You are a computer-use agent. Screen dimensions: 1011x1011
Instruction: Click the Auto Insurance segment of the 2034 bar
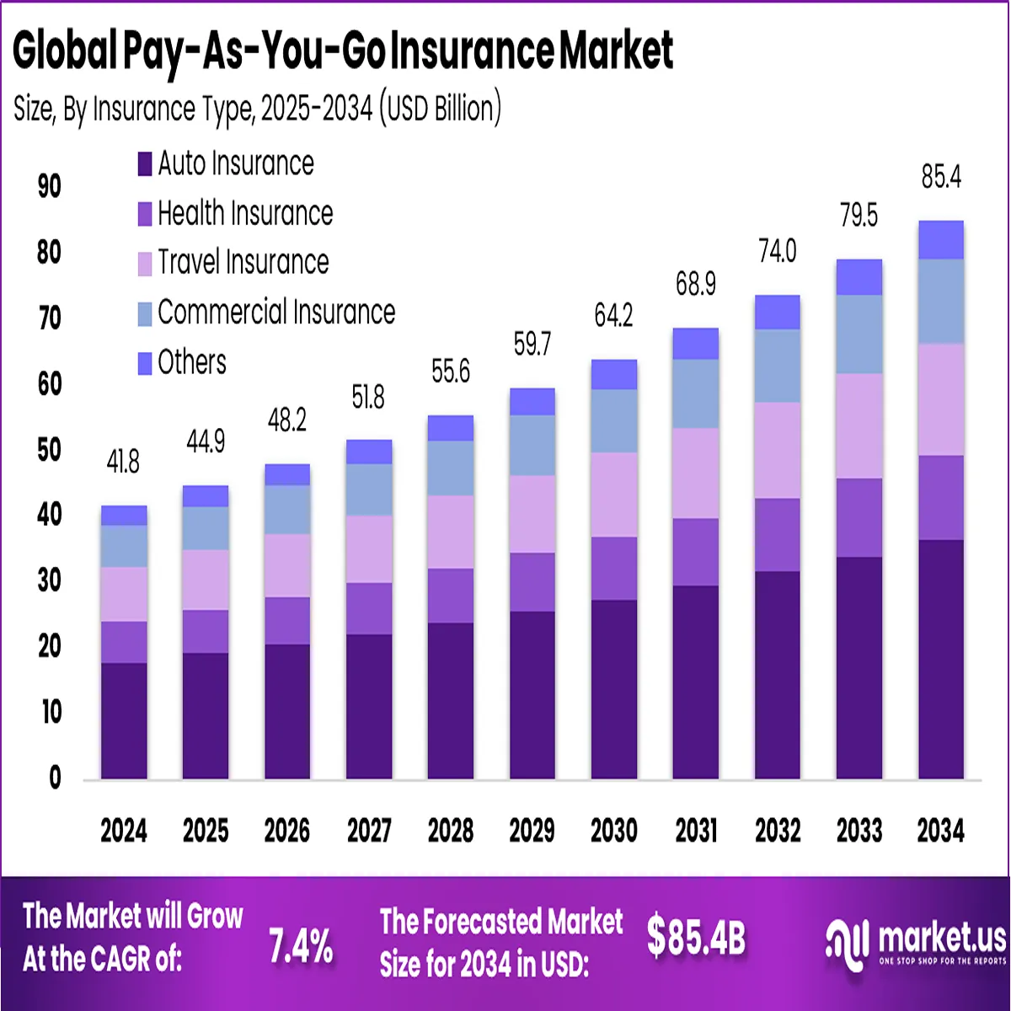[941, 659]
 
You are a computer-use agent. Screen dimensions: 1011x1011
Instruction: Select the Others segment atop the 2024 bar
[124, 516]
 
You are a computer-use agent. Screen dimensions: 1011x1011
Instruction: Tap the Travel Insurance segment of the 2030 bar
[613, 495]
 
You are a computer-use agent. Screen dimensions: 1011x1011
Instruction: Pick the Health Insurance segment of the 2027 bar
[369, 608]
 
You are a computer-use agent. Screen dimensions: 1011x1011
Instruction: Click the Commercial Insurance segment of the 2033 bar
[859, 334]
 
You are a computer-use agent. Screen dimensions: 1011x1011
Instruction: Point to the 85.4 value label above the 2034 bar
[941, 178]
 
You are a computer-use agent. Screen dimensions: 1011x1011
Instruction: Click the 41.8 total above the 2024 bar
[123, 462]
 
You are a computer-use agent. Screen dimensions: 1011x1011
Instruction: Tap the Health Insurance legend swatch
[145, 214]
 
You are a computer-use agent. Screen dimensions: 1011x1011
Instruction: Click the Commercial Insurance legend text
[276, 313]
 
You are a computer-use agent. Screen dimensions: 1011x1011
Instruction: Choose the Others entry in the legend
[192, 362]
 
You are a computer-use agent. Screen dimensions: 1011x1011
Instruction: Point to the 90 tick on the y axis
[50, 186]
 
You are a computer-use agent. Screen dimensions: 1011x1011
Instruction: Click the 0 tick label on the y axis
[55, 778]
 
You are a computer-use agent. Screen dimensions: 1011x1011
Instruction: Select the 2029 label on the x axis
[532, 831]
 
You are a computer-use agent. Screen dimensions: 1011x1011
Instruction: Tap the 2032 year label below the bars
[778, 831]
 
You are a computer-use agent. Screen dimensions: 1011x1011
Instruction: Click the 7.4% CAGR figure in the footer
[301, 946]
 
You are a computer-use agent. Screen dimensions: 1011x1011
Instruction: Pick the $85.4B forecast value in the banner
[696, 937]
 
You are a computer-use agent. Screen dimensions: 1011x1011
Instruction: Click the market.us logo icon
[846, 943]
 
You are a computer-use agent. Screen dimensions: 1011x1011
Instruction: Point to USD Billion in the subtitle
[439, 109]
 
